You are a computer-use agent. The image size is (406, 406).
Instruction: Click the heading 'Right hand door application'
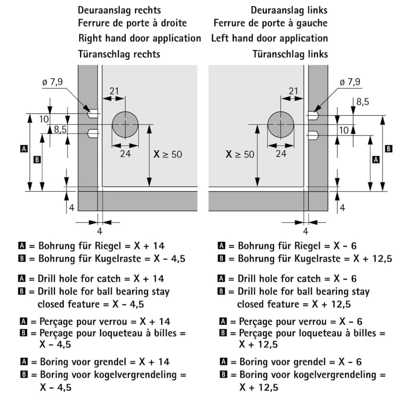pyautogui.click(x=140, y=38)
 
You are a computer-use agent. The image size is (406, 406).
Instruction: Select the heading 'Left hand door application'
pyautogui.click(x=269, y=38)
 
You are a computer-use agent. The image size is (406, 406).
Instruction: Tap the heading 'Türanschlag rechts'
pyautogui.click(x=119, y=54)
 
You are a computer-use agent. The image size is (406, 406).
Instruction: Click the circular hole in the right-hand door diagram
pyautogui.click(x=125, y=124)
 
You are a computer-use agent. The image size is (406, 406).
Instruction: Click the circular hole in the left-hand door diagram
pyautogui.click(x=281, y=124)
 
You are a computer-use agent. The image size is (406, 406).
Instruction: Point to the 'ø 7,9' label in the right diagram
pyautogui.click(x=350, y=82)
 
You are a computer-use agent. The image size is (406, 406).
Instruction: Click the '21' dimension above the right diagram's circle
pyautogui.click(x=293, y=91)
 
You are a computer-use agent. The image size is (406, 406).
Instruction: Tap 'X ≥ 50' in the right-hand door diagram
pyautogui.click(x=167, y=154)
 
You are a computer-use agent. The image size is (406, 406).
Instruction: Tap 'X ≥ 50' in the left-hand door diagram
pyautogui.click(x=240, y=154)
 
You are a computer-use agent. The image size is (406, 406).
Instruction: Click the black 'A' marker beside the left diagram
pyautogui.click(x=23, y=149)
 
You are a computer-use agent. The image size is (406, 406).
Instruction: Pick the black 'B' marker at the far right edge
pyautogui.click(x=388, y=149)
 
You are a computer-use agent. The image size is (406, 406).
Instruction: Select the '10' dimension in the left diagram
pyautogui.click(x=43, y=119)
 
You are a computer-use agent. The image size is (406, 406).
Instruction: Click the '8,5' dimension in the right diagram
pyautogui.click(x=362, y=102)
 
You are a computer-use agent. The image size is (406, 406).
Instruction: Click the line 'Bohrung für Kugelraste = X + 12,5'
pyautogui.click(x=305, y=259)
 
